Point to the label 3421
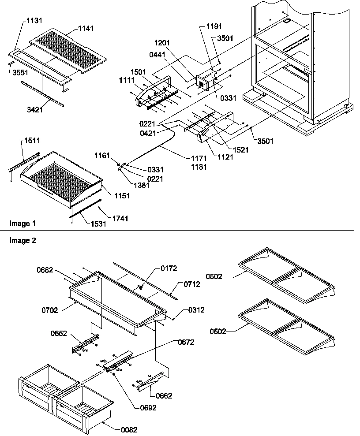coord(35,110)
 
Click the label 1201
coord(162,44)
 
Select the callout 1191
coord(214,27)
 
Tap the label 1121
coord(225,157)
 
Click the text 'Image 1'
coord(22,224)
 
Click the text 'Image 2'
coord(22,241)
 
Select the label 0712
coord(192,284)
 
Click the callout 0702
coord(52,310)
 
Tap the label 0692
coord(148,408)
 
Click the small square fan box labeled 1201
coord(202,83)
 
